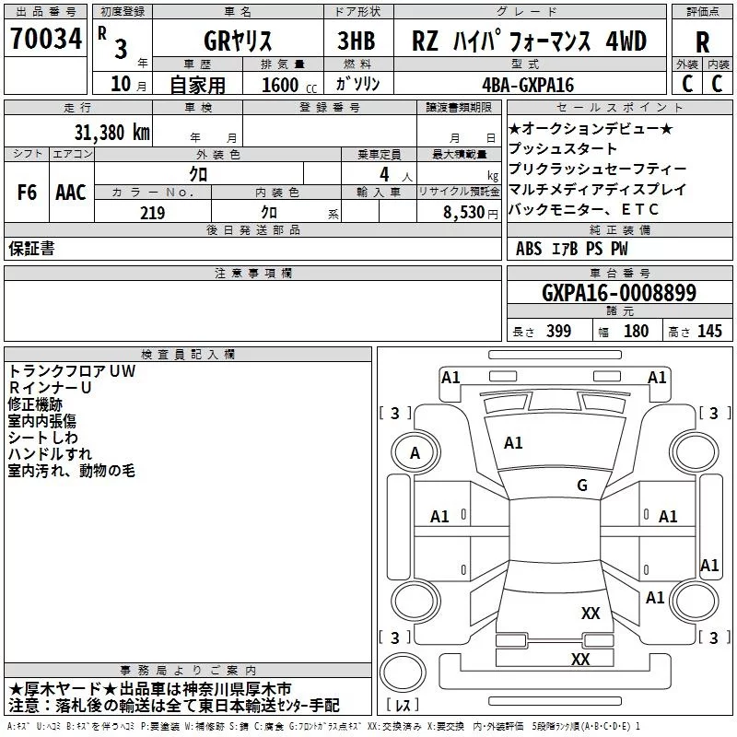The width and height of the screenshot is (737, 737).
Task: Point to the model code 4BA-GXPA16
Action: [x=527, y=85]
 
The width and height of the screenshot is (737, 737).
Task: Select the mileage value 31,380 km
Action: [x=111, y=132]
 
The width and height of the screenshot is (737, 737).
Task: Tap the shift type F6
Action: [x=28, y=193]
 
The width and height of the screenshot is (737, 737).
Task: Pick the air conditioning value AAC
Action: [x=71, y=193]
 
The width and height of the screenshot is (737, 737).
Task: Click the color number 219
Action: [x=152, y=213]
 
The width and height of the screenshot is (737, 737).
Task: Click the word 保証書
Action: [x=31, y=249]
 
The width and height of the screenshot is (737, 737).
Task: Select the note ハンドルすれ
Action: [x=50, y=454]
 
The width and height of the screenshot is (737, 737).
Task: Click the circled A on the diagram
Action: [x=415, y=452]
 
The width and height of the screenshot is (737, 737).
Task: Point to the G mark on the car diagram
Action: [x=581, y=485]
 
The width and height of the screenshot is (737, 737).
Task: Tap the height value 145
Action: [x=709, y=332]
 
